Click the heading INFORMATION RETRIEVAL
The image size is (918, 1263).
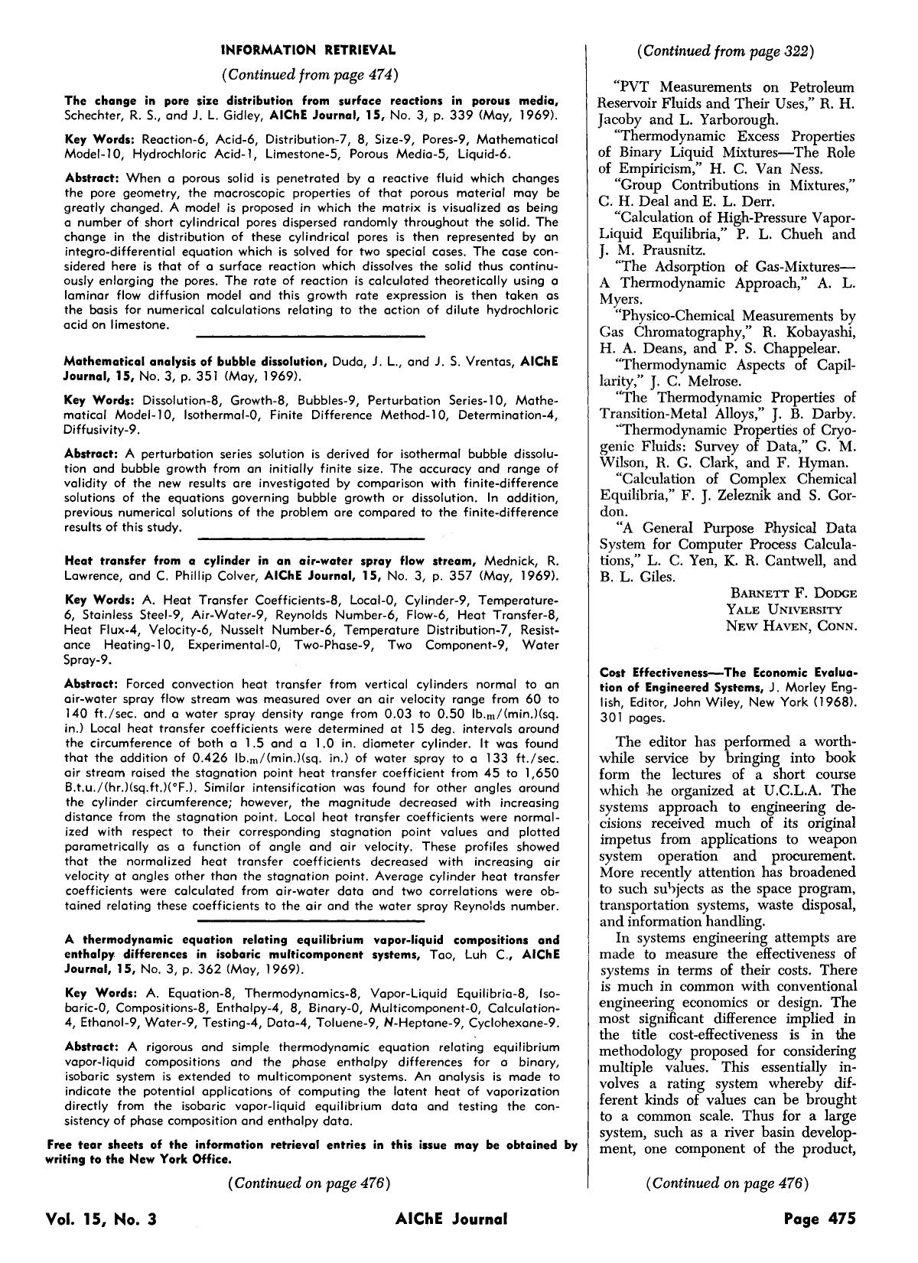[x=308, y=50]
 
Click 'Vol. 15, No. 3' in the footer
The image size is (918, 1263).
[x=101, y=1219]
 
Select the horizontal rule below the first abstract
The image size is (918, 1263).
[x=310, y=336]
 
